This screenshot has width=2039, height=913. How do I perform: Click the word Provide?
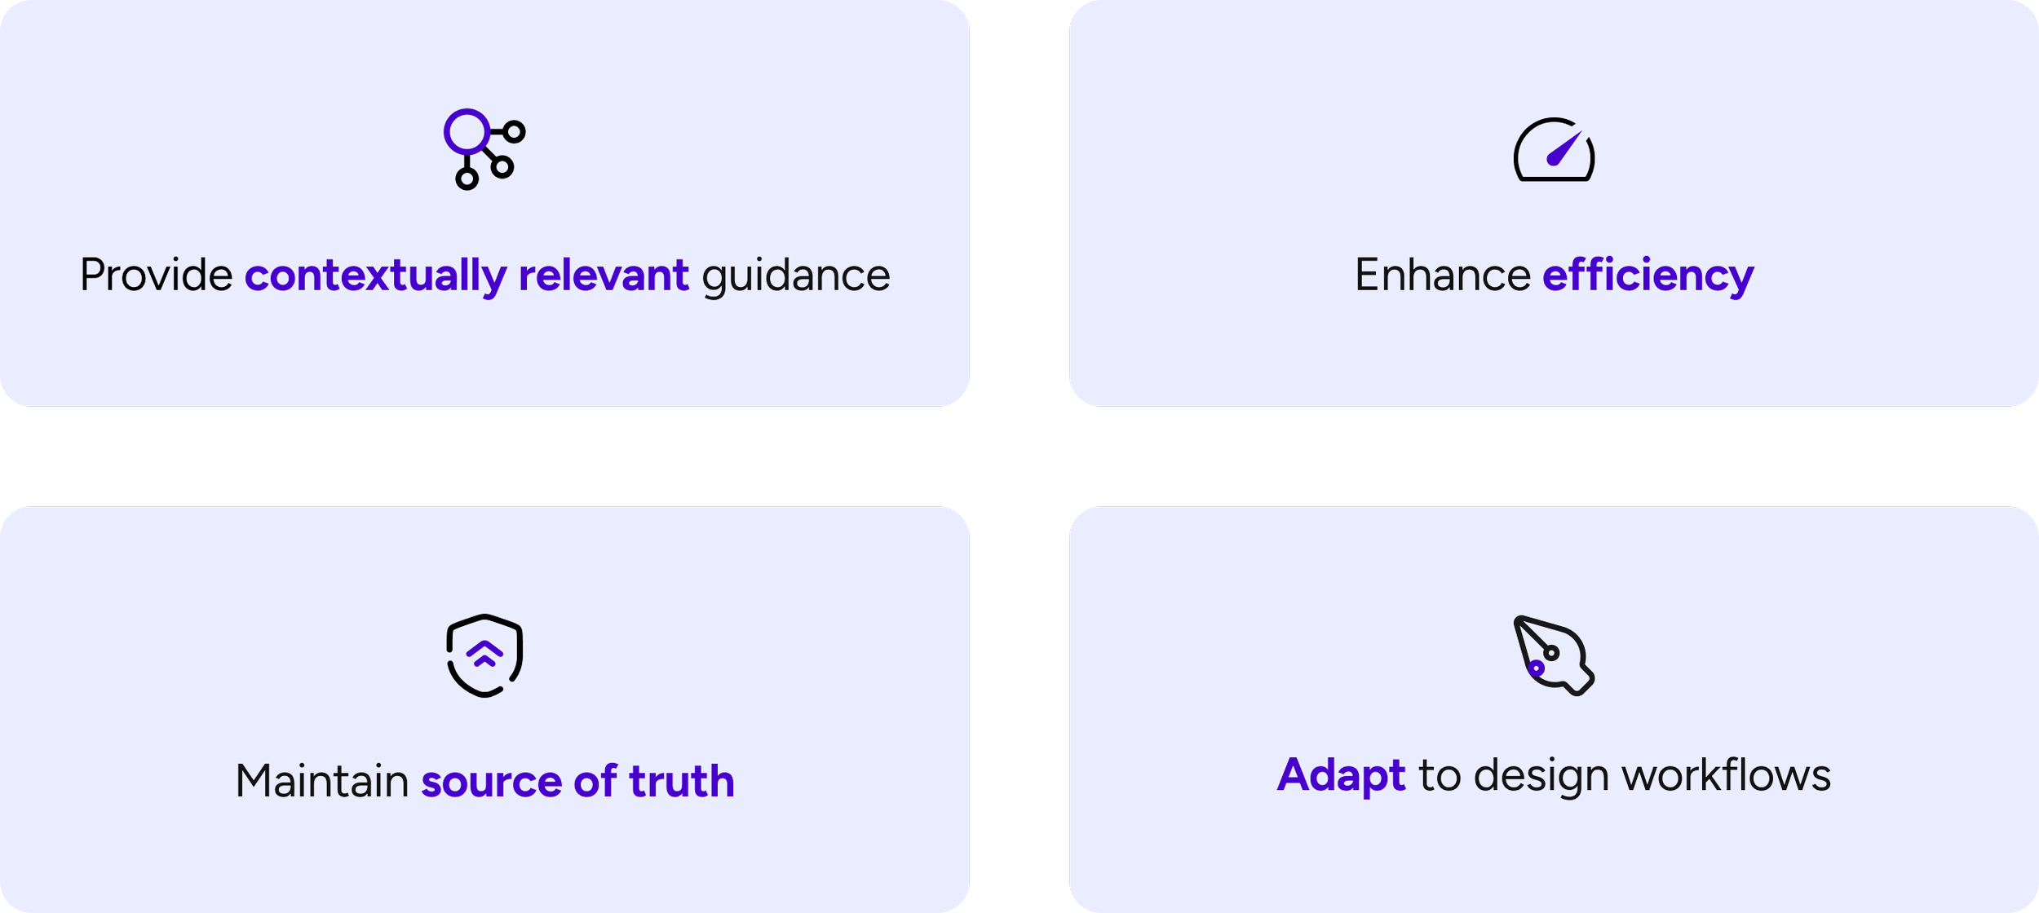coord(157,276)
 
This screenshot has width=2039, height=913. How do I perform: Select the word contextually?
coord(375,276)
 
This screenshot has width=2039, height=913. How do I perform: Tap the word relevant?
coord(604,276)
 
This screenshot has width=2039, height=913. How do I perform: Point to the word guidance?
coord(795,276)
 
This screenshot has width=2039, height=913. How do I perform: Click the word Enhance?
coord(1442,276)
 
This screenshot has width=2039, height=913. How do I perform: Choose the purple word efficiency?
coord(1648,276)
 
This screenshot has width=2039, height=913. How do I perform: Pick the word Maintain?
coord(321,781)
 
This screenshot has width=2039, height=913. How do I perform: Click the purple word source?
coord(491,781)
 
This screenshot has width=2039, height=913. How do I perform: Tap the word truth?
coord(682,781)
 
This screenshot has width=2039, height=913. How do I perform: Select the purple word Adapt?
coord(1341,774)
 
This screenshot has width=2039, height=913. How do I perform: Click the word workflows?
coord(1726,774)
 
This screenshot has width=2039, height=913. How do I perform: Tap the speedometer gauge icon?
coord(1554,151)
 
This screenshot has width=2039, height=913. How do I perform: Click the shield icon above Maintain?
coord(484,655)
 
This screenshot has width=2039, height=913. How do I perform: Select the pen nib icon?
coord(1553,655)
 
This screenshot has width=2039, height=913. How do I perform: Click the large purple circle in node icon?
coord(467,131)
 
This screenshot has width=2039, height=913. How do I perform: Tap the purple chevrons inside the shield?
coord(484,654)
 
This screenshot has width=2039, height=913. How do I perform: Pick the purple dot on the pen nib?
coord(1536,668)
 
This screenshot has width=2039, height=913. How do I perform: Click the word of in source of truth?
coord(595,781)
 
